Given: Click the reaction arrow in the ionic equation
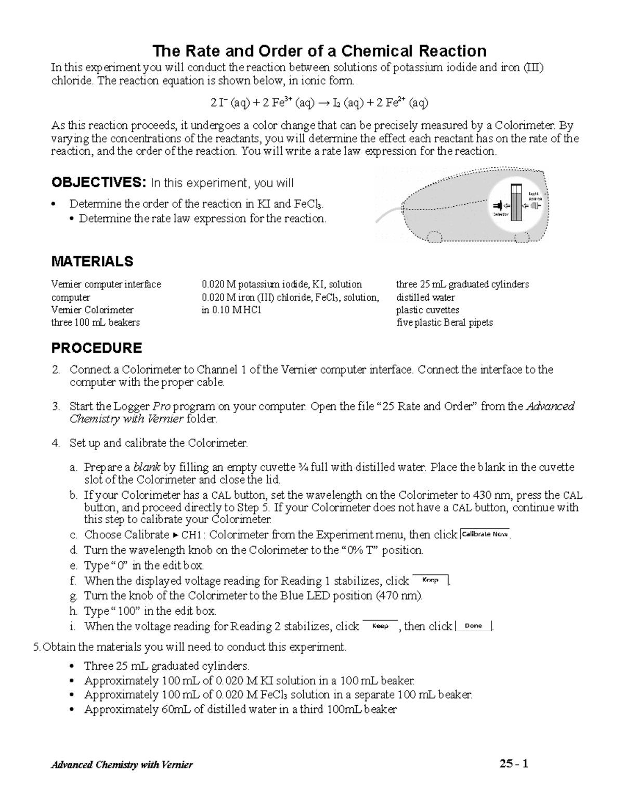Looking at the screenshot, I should [323, 103].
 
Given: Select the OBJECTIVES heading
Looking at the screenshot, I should [96, 183].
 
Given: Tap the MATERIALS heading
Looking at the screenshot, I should [92, 261].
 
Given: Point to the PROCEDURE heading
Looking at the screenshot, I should [96, 348].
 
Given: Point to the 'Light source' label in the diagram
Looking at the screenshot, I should [535, 196].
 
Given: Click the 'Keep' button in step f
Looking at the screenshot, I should [430, 580].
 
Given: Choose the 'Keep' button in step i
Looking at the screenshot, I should [380, 626].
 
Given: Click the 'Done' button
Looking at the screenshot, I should [473, 626].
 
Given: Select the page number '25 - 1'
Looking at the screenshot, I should [514, 763].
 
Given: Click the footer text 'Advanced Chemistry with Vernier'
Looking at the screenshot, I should [122, 764].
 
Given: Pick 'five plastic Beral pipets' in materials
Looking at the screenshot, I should [444, 322].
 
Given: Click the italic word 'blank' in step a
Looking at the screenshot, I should [146, 467].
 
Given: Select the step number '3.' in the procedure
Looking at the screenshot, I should [56, 406].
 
